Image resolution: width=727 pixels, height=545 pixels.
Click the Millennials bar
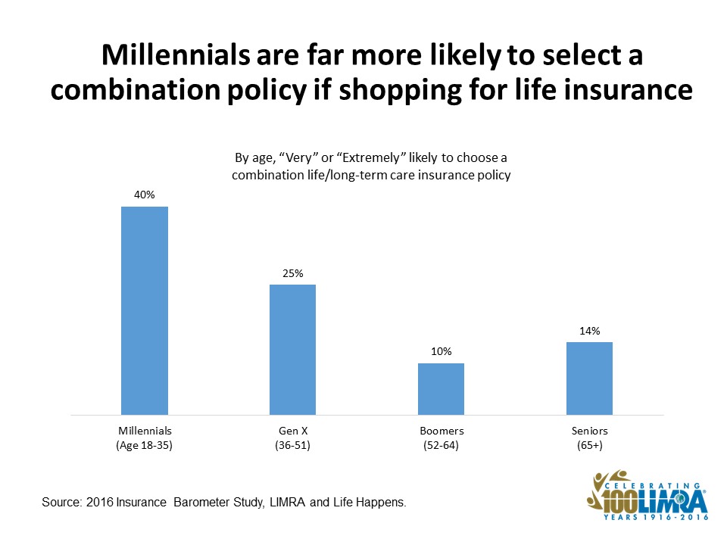(145, 310)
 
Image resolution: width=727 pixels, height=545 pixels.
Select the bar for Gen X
(292, 350)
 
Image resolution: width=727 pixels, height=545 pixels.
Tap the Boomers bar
(441, 389)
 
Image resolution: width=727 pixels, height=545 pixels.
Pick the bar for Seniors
(589, 378)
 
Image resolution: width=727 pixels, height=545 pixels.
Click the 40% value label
(144, 195)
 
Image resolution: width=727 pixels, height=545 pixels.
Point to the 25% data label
(292, 273)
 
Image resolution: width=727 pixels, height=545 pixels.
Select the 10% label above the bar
(441, 351)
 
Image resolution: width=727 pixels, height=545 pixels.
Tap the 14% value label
(589, 331)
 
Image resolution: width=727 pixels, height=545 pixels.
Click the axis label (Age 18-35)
(144, 445)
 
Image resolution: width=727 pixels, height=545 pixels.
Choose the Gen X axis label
(293, 431)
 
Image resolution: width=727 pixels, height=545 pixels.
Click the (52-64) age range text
(441, 445)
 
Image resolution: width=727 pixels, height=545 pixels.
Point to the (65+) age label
(590, 445)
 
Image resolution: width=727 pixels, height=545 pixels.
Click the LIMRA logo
(647, 495)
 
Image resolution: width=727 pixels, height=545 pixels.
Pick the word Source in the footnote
(61, 503)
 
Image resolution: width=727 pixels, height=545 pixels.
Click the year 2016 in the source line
(99, 503)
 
